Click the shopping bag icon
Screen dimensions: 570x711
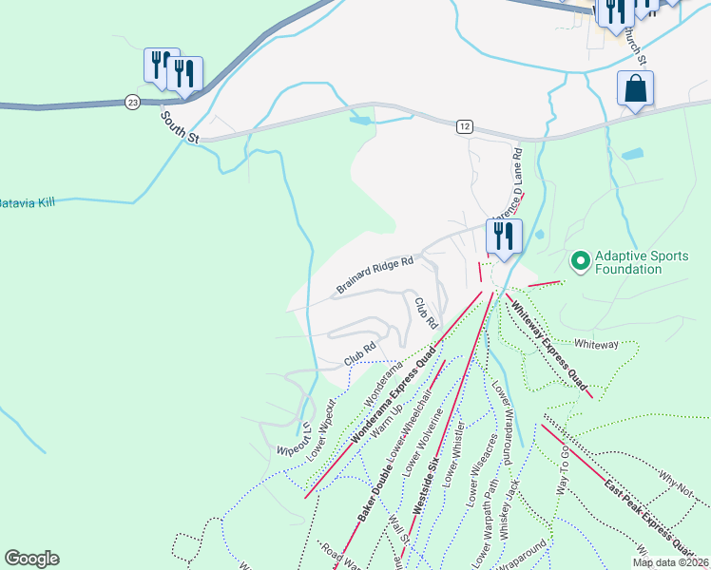(635, 89)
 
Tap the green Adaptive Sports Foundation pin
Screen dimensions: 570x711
(579, 259)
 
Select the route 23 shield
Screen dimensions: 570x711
(132, 102)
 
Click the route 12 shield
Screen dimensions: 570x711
(464, 126)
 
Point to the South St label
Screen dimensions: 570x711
(179, 128)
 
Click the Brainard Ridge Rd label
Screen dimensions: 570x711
(375, 275)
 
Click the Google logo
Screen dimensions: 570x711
(31, 559)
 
